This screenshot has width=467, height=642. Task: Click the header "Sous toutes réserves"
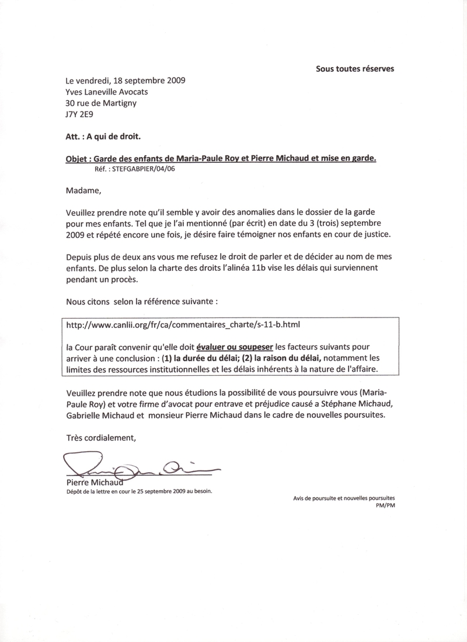[355, 69]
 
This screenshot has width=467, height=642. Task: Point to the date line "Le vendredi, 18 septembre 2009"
[126, 81]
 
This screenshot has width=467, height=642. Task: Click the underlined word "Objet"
[76, 159]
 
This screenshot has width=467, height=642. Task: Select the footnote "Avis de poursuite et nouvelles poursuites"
[344, 498]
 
